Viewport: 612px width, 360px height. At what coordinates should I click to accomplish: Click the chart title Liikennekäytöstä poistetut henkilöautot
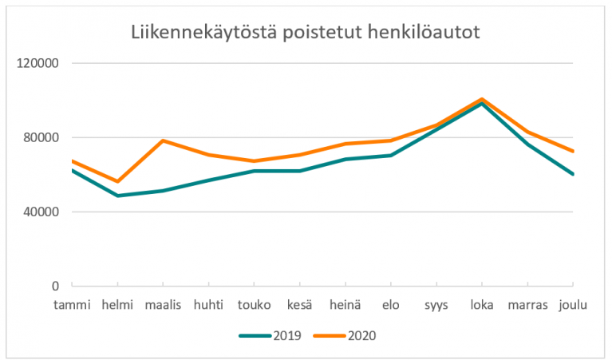point(306,33)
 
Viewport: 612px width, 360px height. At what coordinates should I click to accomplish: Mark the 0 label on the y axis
point(56,286)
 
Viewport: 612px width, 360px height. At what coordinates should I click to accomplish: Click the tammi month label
point(72,305)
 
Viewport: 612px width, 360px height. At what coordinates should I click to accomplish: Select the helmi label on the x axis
point(117,305)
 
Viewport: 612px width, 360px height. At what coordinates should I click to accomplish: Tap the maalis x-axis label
point(164,305)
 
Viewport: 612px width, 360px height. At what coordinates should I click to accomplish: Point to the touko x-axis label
point(254,305)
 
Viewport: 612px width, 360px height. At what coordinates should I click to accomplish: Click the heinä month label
point(345,305)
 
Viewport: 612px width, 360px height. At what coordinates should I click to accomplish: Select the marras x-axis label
point(527,305)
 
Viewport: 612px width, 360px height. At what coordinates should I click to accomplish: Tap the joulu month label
point(573,305)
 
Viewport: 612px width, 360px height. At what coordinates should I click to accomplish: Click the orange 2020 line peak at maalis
point(164,140)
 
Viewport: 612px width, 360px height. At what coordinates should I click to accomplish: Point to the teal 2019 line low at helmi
point(117,196)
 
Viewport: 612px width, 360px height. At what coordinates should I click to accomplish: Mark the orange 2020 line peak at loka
point(482,99)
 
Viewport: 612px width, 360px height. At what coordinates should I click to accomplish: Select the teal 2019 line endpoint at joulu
point(573,174)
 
